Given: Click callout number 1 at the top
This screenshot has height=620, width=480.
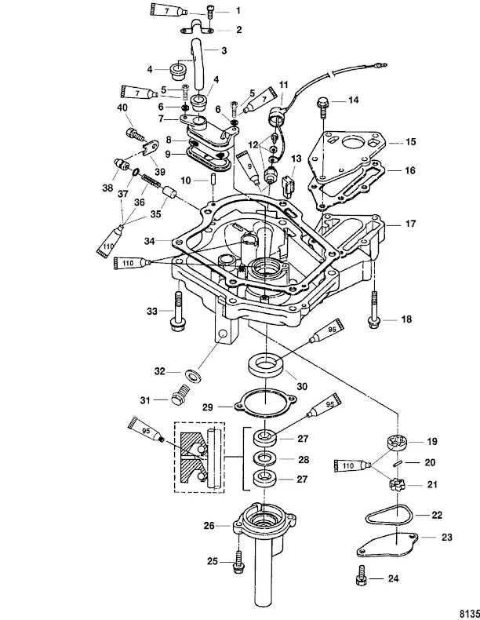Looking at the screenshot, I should pyautogui.click(x=238, y=11).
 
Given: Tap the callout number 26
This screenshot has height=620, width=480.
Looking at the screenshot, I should pyautogui.click(x=209, y=525).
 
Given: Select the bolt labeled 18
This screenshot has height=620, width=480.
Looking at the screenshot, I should pyautogui.click(x=375, y=311).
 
